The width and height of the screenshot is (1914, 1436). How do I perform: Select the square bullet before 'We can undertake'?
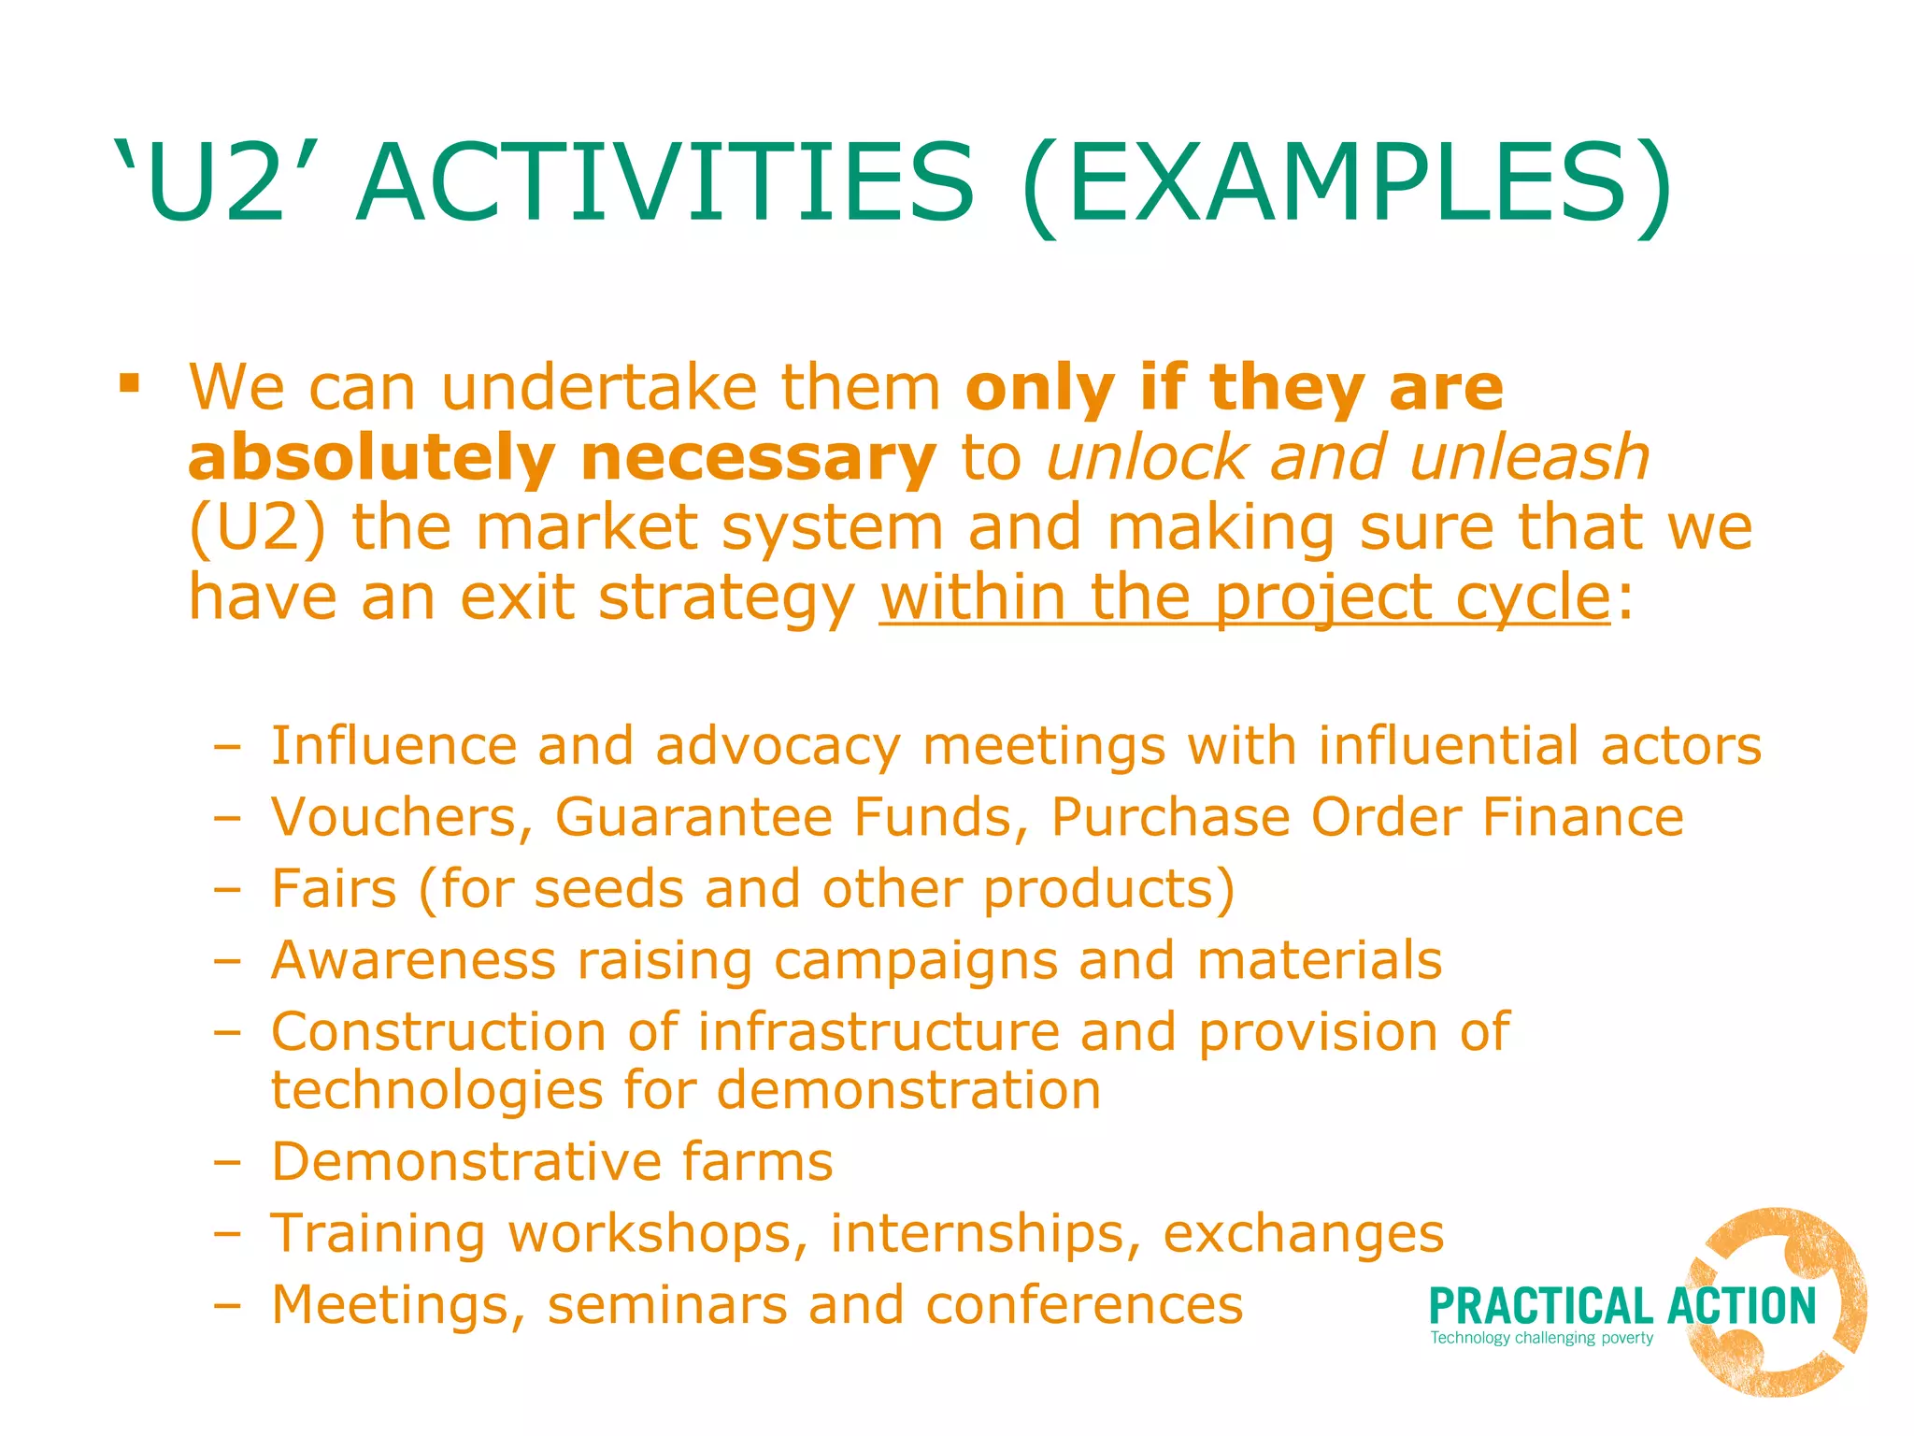130,384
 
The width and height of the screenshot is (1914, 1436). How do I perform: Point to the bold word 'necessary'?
758,460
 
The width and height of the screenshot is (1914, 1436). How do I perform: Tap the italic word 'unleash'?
1529,457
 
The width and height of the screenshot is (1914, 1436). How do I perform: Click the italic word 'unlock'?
1148,457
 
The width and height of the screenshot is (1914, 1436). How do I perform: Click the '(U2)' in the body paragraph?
258,528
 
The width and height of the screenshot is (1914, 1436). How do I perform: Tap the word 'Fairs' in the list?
334,888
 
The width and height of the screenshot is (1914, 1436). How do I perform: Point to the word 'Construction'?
438,1032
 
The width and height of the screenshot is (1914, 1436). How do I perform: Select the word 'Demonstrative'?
464,1162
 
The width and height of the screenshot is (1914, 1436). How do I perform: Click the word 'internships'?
985,1233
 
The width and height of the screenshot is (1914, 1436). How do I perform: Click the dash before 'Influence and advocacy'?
227,747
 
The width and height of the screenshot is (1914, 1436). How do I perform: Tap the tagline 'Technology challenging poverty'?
1541,1338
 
